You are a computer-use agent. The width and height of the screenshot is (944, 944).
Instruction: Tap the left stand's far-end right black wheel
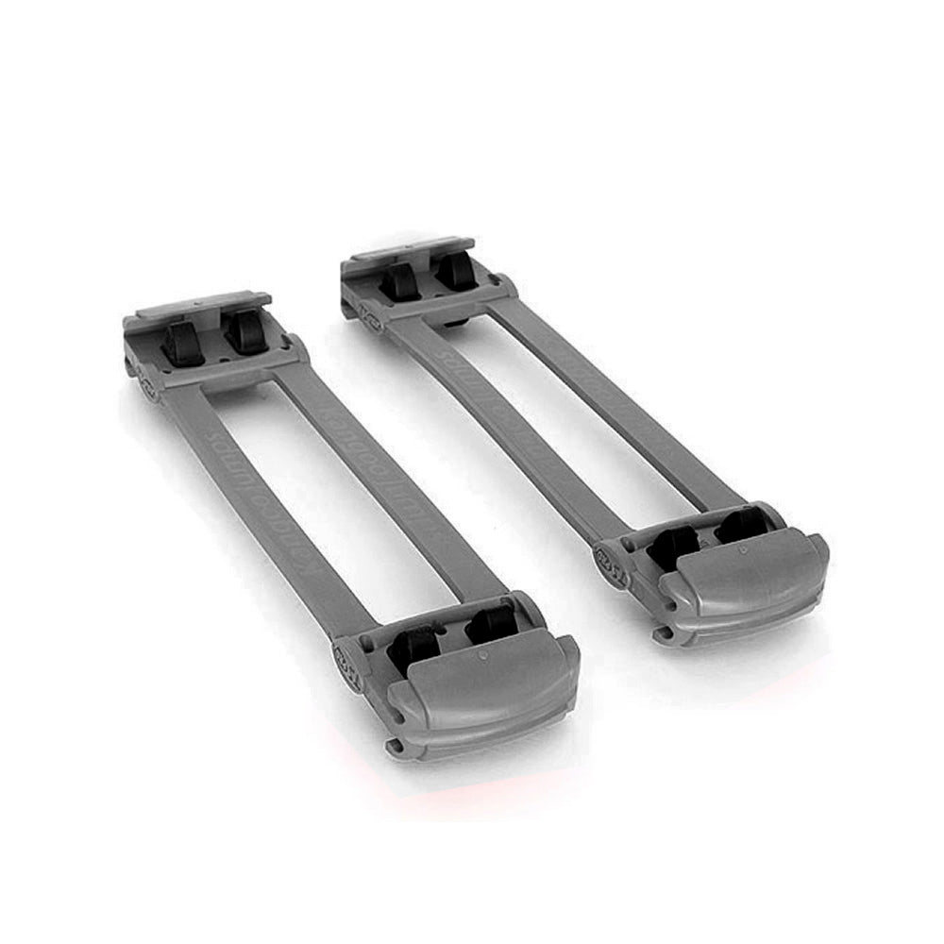coord(246,331)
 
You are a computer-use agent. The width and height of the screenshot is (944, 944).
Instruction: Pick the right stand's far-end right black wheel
coord(456,269)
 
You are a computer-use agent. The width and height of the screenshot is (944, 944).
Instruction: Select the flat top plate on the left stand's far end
coord(204,305)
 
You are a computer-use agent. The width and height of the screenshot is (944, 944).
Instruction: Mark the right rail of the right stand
coord(614,396)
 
